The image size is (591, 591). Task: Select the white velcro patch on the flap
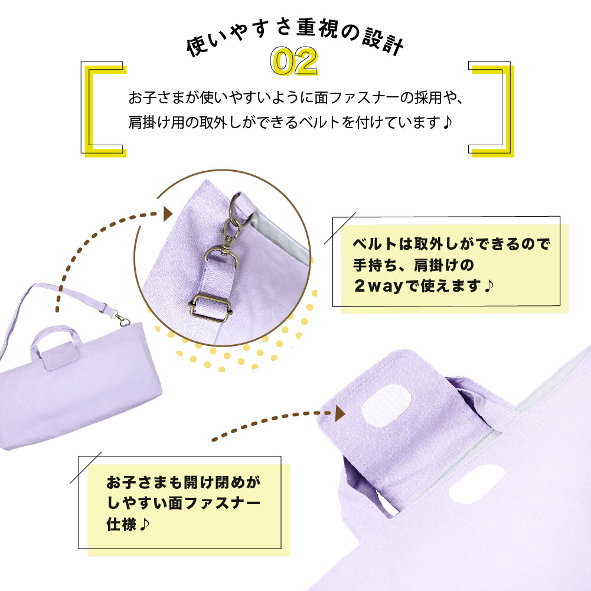389,407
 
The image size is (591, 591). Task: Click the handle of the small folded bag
55,342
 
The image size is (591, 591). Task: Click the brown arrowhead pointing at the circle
168,213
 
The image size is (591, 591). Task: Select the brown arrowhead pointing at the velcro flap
340,414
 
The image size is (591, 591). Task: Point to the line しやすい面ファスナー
183,503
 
